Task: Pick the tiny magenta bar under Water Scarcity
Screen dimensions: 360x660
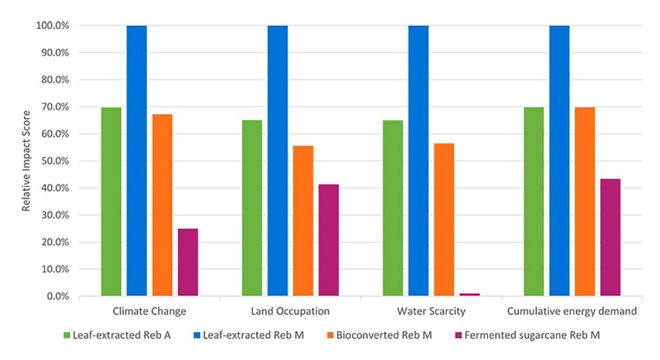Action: pos(469,294)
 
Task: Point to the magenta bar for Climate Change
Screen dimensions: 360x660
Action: pos(188,262)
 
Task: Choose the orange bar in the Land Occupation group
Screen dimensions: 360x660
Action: pos(303,221)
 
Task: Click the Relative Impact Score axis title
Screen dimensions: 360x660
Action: pos(26,161)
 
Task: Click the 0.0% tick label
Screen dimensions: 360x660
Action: pos(59,296)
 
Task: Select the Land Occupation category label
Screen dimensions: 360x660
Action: pos(290,311)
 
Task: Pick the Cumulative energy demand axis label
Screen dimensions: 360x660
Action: pos(571,311)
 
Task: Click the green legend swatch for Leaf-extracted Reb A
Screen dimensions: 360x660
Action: pos(66,336)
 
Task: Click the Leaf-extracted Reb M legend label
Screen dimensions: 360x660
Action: pos(254,336)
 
